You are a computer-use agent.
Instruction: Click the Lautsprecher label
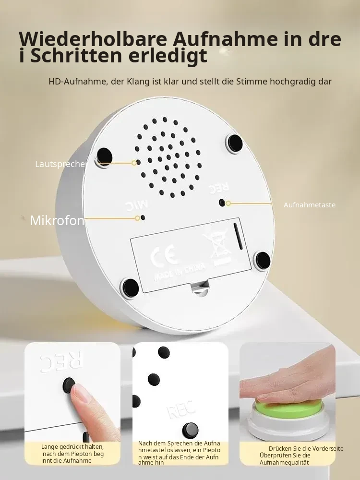click(61, 164)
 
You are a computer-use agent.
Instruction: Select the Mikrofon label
click(57, 220)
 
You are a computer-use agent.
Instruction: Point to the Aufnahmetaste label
click(310, 205)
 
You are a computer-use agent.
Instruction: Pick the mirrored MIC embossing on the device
click(137, 205)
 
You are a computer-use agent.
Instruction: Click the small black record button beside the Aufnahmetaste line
click(222, 203)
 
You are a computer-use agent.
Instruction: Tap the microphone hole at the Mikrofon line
click(143, 217)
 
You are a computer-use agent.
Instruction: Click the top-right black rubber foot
click(235, 143)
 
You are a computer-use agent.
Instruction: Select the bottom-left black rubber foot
click(131, 288)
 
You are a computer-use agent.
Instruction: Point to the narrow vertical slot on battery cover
click(238, 236)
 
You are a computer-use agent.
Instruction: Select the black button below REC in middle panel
click(190, 430)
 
